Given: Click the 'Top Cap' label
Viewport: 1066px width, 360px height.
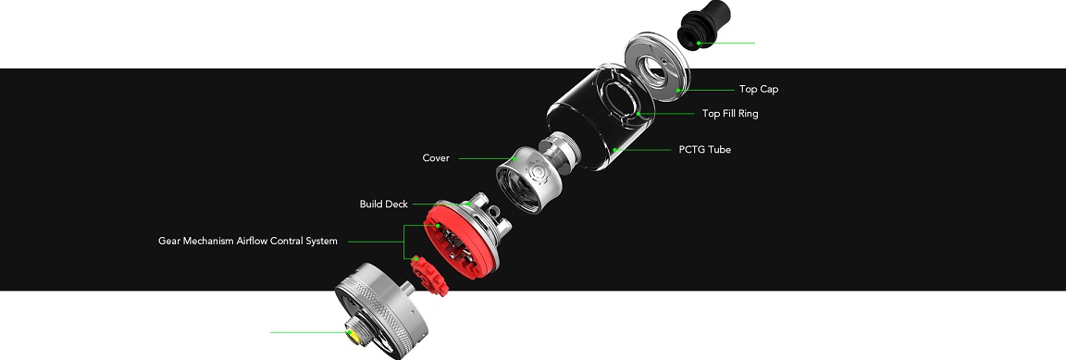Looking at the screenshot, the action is click(x=759, y=89).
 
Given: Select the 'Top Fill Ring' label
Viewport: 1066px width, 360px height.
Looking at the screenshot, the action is click(x=729, y=114).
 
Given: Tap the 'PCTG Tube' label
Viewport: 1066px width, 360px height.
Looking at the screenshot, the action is click(x=704, y=149).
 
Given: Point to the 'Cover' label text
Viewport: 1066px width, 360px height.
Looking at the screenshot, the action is click(x=436, y=158).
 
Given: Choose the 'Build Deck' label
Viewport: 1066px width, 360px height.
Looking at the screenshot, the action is click(x=383, y=205).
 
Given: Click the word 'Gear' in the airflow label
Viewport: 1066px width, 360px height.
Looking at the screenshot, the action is click(x=170, y=241).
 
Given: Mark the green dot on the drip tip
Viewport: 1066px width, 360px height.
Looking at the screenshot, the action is click(x=699, y=43).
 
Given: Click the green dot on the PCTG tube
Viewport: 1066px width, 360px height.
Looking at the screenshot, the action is click(x=614, y=150).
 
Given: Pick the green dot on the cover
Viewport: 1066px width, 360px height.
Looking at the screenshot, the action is click(x=515, y=158).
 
